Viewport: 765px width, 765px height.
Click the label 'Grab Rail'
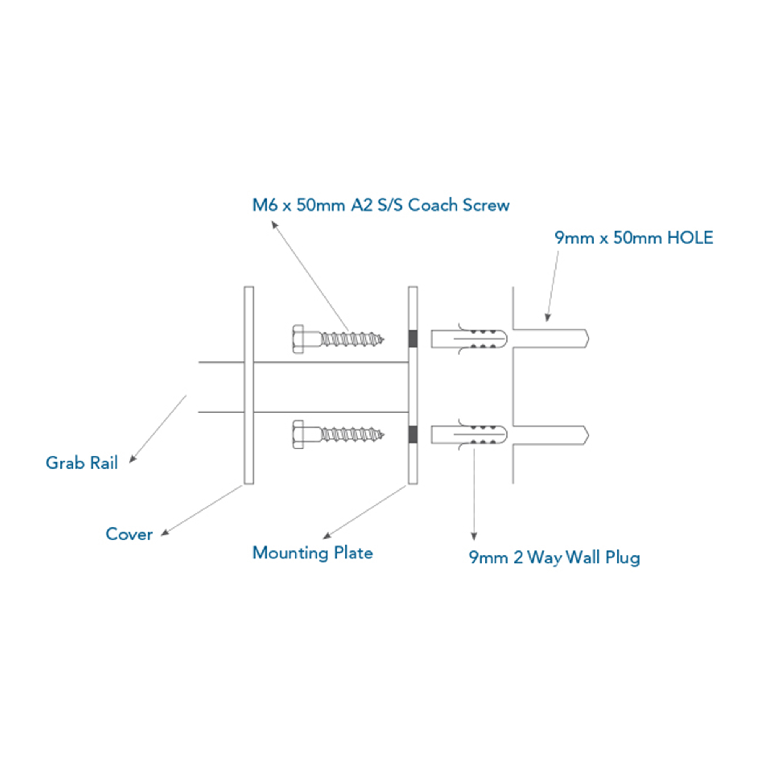point(81,463)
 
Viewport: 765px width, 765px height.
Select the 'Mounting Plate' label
point(313,553)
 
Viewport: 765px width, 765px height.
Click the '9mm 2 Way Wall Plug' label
point(554,558)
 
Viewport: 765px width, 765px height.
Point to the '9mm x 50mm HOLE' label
point(633,238)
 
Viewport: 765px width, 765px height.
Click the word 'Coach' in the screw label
point(433,205)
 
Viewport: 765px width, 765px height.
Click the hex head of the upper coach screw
point(298,339)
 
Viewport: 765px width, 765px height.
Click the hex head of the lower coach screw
point(298,435)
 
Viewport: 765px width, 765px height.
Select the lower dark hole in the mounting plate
point(413,435)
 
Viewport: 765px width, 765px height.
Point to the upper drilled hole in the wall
point(550,339)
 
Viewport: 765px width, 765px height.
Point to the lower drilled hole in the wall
point(550,435)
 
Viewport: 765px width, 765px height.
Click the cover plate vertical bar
point(249,385)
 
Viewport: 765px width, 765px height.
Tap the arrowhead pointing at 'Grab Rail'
point(133,459)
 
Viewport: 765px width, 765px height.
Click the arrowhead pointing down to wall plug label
point(474,537)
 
